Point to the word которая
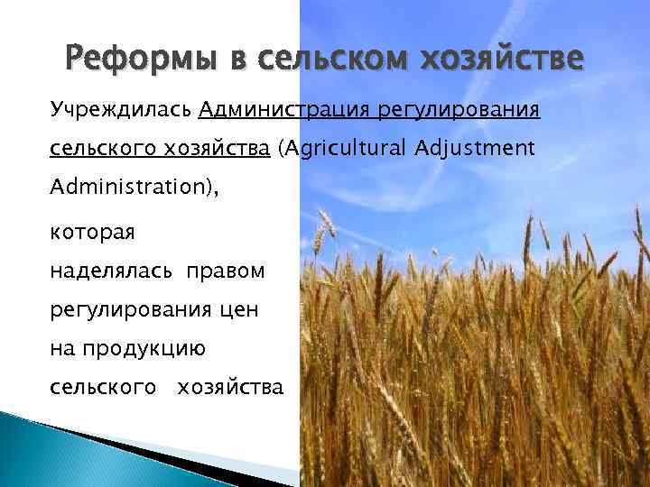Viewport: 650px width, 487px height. (x=92, y=233)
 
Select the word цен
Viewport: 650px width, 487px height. (x=237, y=310)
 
